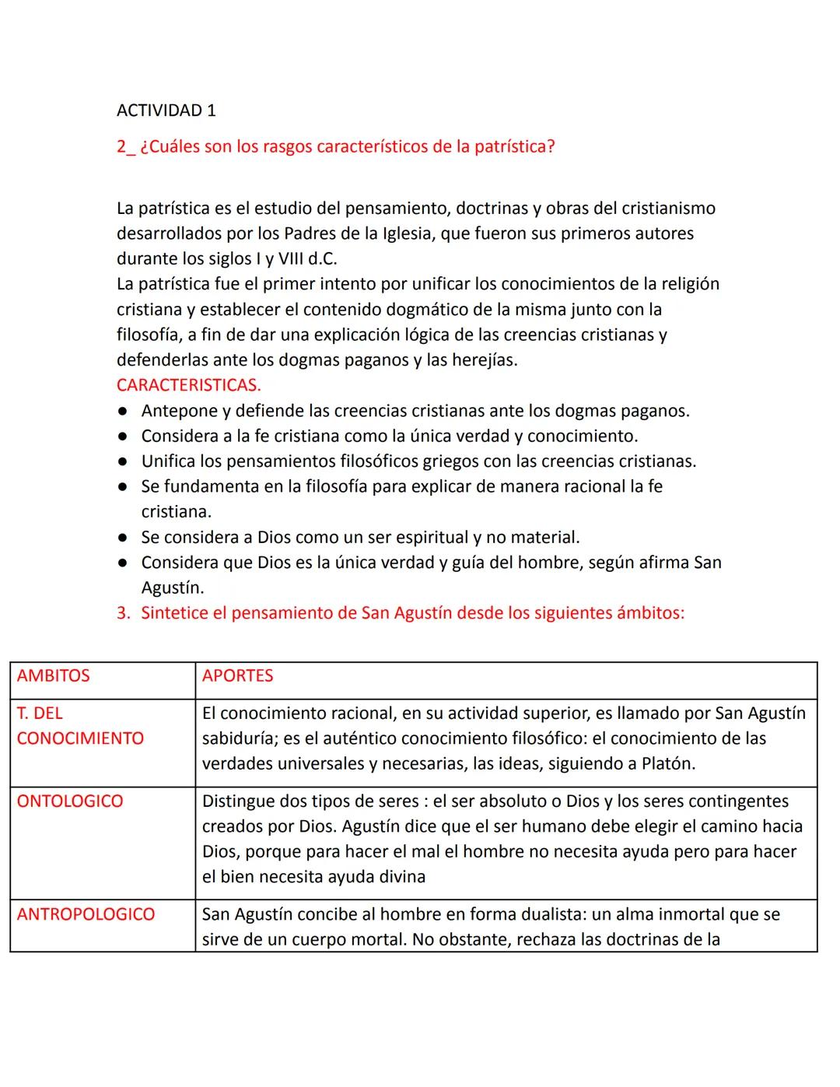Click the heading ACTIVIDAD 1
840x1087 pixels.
click(166, 110)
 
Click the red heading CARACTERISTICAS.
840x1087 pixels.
click(188, 385)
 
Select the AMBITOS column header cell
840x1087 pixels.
click(53, 675)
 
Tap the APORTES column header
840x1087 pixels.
click(237, 675)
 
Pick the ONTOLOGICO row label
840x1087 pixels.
click(70, 801)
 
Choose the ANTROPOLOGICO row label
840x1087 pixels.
click(86, 914)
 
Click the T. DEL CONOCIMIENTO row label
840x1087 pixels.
click(79, 726)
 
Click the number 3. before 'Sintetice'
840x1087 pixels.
click(123, 613)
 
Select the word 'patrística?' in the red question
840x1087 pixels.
click(516, 147)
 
